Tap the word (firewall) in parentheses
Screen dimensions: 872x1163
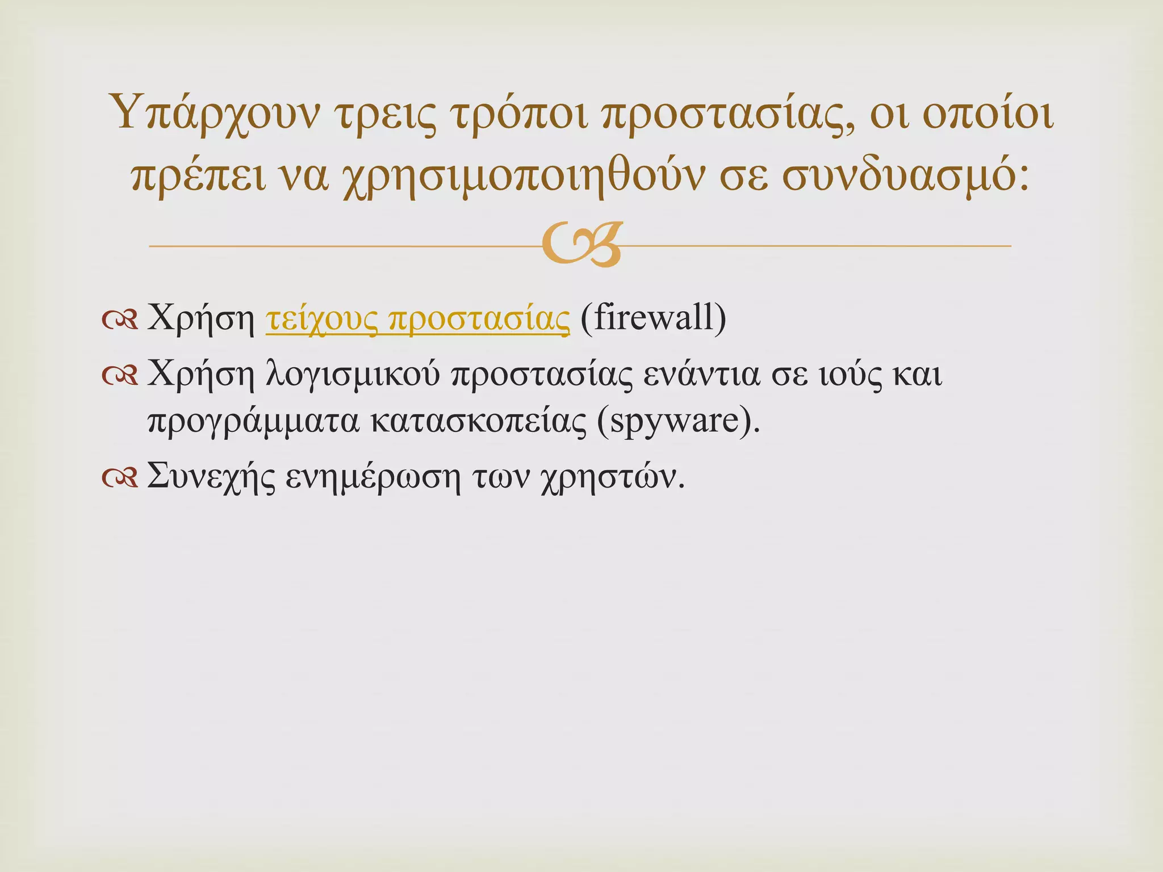[653, 319]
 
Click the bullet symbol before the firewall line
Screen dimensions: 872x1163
[120, 321]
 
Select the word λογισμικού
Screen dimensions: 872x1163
[353, 376]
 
